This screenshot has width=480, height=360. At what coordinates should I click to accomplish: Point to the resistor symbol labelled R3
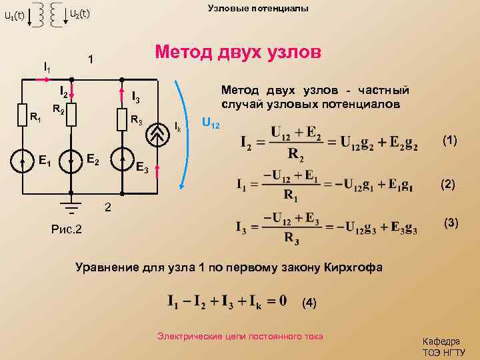(121, 120)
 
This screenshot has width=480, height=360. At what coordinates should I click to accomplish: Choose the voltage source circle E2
(71, 161)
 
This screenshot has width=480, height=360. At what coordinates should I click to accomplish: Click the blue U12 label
(210, 126)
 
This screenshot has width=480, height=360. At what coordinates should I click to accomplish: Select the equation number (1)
(449, 140)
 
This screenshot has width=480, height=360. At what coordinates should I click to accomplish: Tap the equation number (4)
(309, 303)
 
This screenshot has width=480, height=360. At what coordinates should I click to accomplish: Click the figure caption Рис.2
(66, 229)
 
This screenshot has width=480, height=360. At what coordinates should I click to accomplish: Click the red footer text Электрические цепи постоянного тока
(239, 337)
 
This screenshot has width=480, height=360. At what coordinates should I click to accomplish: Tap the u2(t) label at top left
(80, 13)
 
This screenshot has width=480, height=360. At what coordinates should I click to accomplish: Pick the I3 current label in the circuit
(135, 98)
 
